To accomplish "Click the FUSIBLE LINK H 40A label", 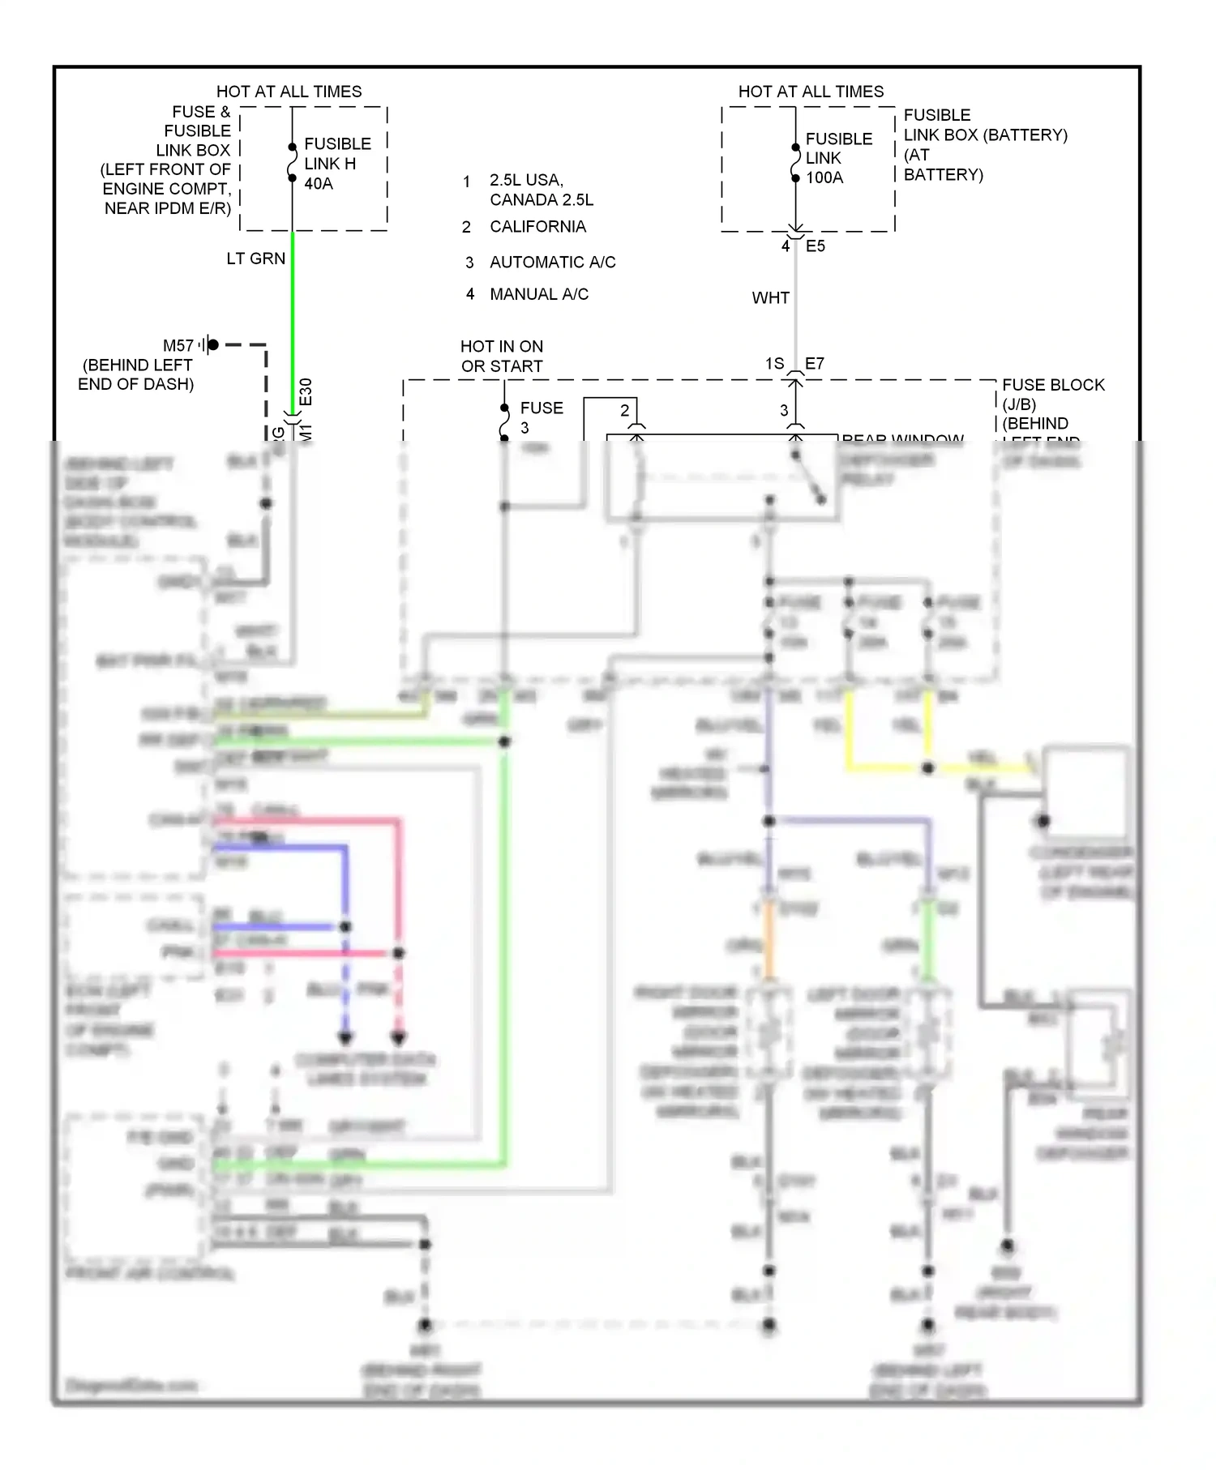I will [336, 164].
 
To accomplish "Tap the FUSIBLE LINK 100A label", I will [837, 158].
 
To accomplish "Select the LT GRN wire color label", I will [255, 259].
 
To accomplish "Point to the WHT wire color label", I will [770, 298].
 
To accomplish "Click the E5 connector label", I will [816, 246].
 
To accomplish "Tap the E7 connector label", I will [814, 364].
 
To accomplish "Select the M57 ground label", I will [178, 346].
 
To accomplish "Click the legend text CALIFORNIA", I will [537, 227].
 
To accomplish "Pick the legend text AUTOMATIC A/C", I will [552, 263].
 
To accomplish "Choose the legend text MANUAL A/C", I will [539, 294].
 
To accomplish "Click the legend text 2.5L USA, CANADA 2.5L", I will [541, 190].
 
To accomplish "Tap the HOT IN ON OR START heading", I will [502, 357].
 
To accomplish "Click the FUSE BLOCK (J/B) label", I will [1052, 394].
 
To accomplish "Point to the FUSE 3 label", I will [541, 417].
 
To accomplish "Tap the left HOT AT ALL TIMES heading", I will [289, 92].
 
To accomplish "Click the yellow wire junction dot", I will [927, 767].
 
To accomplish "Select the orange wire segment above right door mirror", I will [769, 944].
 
